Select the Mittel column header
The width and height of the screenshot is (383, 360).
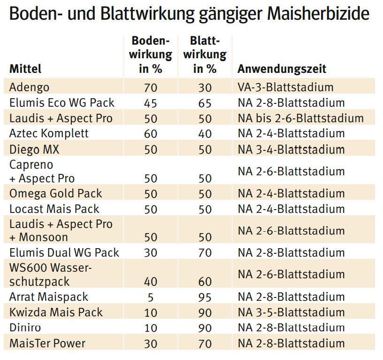click(x=25, y=69)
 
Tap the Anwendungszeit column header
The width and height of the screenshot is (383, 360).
click(x=282, y=69)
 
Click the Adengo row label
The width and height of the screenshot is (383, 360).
click(x=29, y=87)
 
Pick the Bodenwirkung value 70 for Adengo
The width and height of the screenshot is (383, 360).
click(x=150, y=88)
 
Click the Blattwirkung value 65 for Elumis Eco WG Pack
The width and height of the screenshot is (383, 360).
click(x=205, y=103)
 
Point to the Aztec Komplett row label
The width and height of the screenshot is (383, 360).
click(x=49, y=133)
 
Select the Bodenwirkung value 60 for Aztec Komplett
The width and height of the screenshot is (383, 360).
click(x=150, y=134)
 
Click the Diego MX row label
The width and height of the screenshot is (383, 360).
click(x=34, y=149)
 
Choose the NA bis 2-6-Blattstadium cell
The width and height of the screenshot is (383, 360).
click(x=300, y=118)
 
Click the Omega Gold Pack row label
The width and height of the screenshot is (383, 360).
click(x=55, y=194)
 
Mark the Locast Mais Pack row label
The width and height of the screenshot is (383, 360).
click(x=54, y=209)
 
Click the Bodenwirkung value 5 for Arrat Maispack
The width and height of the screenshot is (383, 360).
click(x=150, y=297)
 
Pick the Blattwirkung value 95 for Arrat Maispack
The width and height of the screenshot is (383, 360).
click(x=205, y=297)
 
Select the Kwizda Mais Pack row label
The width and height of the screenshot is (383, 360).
click(x=56, y=313)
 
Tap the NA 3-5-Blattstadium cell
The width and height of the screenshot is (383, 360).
click(x=291, y=313)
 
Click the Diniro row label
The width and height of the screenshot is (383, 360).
click(x=25, y=328)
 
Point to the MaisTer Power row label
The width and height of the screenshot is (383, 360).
click(x=47, y=344)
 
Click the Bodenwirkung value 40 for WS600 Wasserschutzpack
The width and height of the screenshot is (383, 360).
click(x=150, y=282)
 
